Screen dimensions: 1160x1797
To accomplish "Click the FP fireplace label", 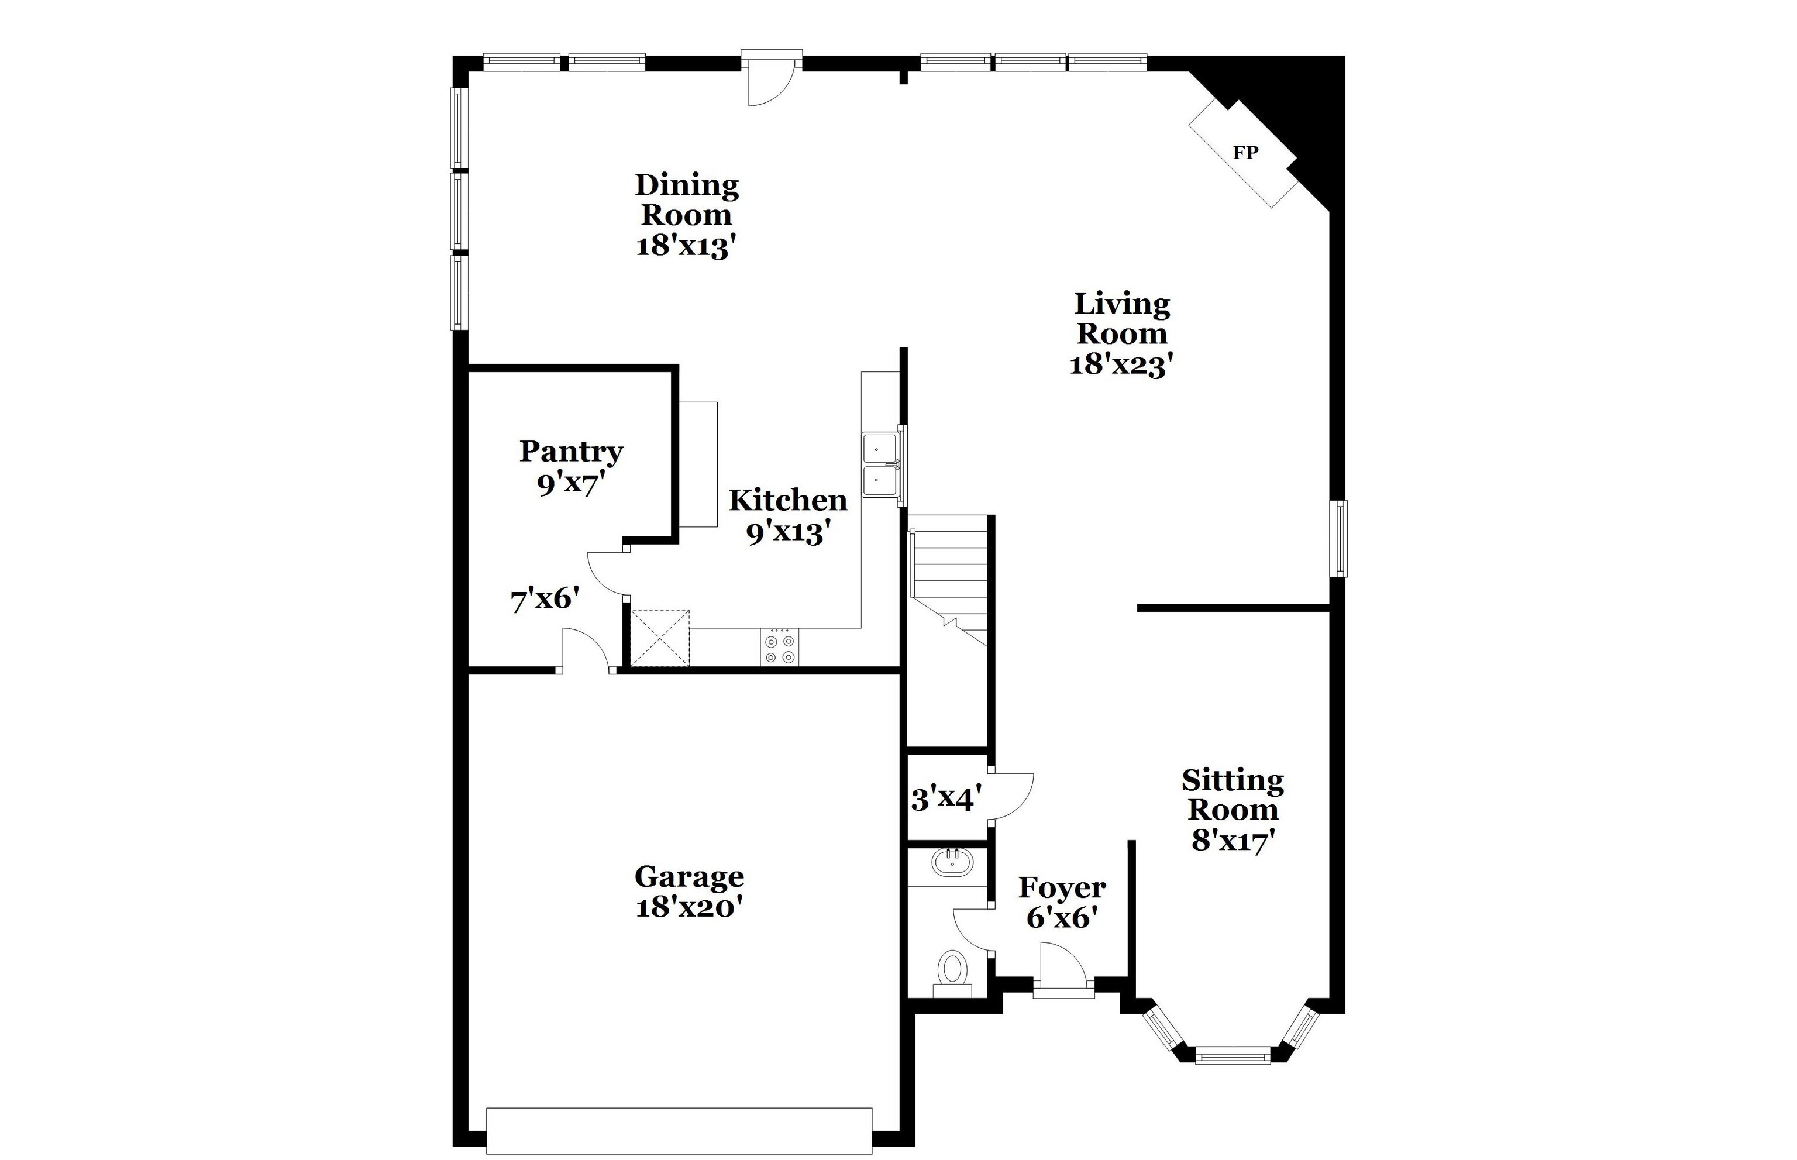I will (x=1245, y=153).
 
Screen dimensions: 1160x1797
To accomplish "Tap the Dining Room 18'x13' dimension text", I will (x=686, y=246).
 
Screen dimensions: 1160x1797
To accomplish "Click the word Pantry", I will (x=571, y=451).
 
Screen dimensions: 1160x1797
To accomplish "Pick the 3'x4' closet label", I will (x=946, y=798).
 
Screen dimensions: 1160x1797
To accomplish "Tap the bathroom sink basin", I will (x=952, y=862).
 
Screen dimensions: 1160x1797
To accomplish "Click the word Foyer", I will (x=1062, y=888).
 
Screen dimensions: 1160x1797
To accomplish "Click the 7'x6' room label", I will (x=545, y=600).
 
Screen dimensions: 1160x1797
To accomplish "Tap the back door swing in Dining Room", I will (x=770, y=83).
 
